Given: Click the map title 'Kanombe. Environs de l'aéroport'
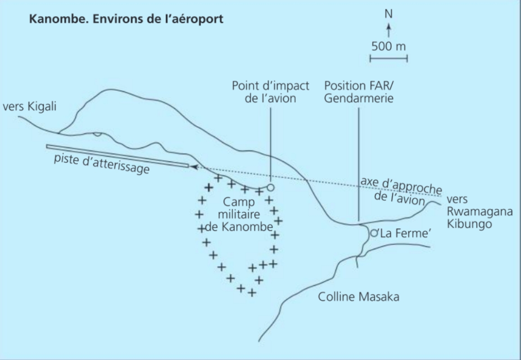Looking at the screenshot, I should point(126,20).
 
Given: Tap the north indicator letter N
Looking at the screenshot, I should point(389,14).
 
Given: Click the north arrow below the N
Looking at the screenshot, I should point(389,31).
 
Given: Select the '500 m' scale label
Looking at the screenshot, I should point(389,46).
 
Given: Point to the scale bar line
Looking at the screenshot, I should point(389,58).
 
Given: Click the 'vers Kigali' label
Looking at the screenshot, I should point(26,108).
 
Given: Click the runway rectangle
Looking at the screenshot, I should point(117,156).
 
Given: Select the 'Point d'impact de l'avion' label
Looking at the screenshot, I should point(264,91).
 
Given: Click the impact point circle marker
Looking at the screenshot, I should point(271,187).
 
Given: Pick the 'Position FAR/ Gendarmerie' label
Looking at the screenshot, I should point(358,91).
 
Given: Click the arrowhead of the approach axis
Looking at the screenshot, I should point(194,166).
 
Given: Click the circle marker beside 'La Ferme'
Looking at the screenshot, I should point(373,233).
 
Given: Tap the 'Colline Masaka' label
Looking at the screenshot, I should point(358,297).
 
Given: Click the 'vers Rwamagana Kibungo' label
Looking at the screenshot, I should point(479,212).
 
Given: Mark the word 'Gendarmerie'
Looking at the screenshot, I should point(358,98).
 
